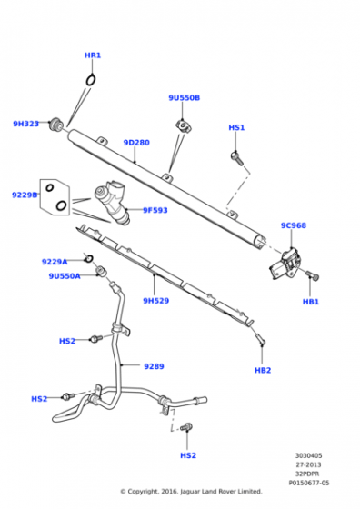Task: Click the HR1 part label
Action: pos(93,55)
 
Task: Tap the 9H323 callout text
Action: pos(25,124)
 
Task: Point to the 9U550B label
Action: pos(184,97)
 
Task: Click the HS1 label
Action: pos(236,128)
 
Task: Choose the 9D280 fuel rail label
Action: pos(136,143)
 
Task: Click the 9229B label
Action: pos(25,195)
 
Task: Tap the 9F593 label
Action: pos(155,211)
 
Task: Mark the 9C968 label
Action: pos(293,225)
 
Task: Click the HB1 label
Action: pos(311,301)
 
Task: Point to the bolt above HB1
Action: pos(308,274)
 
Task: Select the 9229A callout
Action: pos(55,262)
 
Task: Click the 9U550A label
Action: pos(65,275)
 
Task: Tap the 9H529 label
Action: pos(156,301)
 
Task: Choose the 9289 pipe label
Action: pos(154,366)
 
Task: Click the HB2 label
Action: pos(263,370)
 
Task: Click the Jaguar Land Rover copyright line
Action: pos(191,492)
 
